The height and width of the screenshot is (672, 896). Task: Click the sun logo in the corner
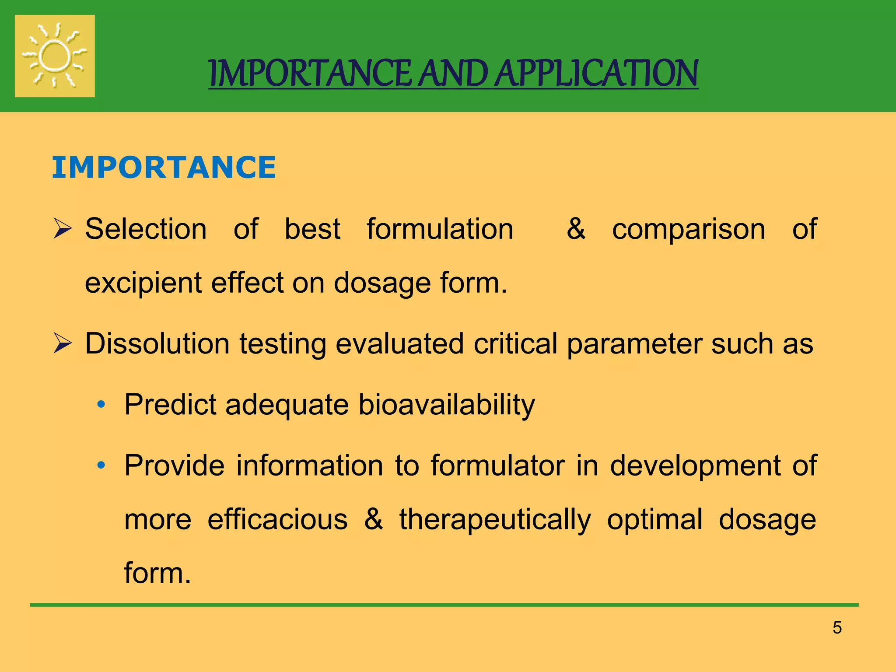[55, 56]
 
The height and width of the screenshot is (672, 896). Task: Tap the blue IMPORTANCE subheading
[164, 167]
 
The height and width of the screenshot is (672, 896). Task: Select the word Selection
[146, 229]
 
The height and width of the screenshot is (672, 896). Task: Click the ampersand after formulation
[576, 228]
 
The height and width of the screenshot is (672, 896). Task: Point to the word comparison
[689, 229]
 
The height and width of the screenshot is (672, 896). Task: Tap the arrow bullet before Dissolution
[62, 343]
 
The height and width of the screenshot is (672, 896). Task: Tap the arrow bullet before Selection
[62, 229]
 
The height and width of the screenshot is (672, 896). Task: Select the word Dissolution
[157, 343]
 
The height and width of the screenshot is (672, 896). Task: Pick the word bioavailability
[446, 404]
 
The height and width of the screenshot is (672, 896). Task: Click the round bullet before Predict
[101, 405]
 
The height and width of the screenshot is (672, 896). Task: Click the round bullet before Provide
[101, 465]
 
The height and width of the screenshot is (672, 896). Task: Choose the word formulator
[497, 465]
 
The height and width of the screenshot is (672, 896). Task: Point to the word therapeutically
[495, 520]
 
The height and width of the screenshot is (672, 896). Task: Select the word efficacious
[277, 519]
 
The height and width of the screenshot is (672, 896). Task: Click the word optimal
[654, 519]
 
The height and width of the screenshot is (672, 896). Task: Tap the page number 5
[837, 628]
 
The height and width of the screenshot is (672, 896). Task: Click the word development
[695, 465]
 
